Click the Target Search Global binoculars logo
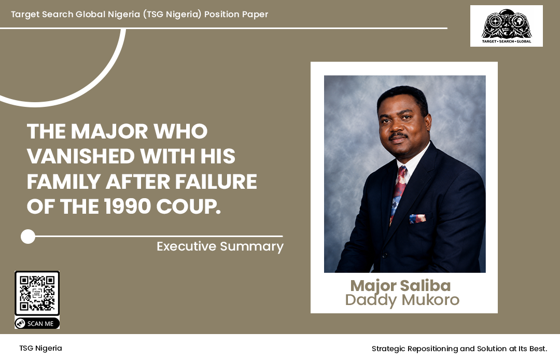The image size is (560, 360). pos(507,26)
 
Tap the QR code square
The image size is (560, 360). pos(37,293)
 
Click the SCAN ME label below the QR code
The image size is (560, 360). pos(37,323)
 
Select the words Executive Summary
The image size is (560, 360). pos(220,246)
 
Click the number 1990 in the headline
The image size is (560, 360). pos(127,206)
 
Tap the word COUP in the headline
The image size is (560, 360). pos(188,206)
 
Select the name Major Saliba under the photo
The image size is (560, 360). pos(400,285)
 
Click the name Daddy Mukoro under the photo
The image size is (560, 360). pos(402,300)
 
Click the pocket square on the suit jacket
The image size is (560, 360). pos(417,218)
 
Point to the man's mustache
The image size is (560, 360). pos(398,136)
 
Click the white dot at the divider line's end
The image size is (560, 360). pos(28,237)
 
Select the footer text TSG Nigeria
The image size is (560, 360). pos(41,348)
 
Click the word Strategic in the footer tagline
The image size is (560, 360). pos(388,349)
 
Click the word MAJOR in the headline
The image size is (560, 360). pos(109,131)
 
